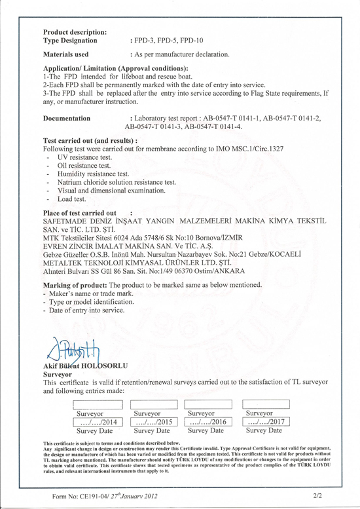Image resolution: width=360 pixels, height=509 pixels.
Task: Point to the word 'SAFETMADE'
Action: point(67,223)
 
